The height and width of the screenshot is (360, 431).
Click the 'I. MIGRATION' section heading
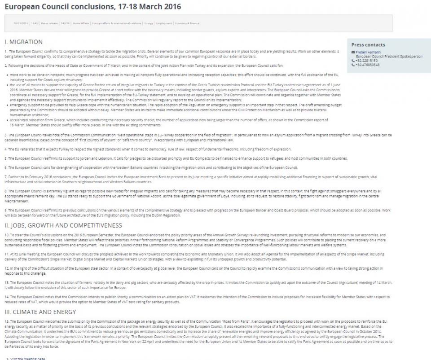tap(23, 42)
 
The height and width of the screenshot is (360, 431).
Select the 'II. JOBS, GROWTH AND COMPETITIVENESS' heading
tap(63, 225)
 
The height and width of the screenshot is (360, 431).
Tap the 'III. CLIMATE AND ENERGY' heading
tap(40, 312)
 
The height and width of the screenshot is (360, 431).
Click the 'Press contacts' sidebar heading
tap(368, 45)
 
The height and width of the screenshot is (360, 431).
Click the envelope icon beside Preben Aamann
tap(353, 53)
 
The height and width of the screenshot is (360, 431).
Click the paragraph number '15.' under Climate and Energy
tap(6, 322)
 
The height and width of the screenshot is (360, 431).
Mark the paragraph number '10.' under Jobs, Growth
tap(6, 235)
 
